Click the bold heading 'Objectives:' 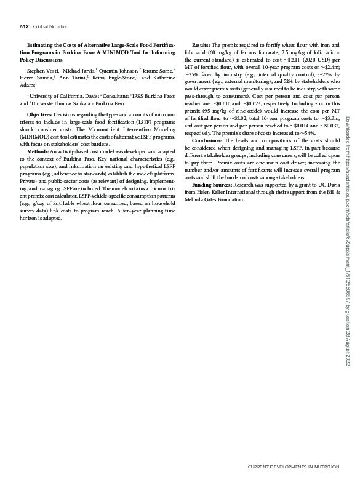(x=40, y=114)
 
